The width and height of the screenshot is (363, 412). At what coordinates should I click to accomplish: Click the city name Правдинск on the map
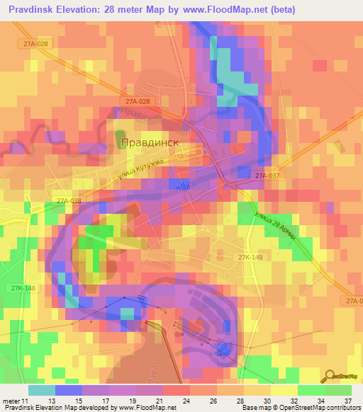151,142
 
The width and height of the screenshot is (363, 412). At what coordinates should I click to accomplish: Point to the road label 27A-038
69,201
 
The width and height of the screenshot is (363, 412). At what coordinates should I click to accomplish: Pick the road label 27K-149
250,258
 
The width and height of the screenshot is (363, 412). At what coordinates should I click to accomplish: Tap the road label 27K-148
23,287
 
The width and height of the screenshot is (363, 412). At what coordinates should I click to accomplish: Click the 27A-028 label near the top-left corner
34,45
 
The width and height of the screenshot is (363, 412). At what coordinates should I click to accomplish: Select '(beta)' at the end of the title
281,9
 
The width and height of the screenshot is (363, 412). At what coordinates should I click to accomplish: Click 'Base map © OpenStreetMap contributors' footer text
300,408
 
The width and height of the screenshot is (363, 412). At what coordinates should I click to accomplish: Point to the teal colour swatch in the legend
42,390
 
